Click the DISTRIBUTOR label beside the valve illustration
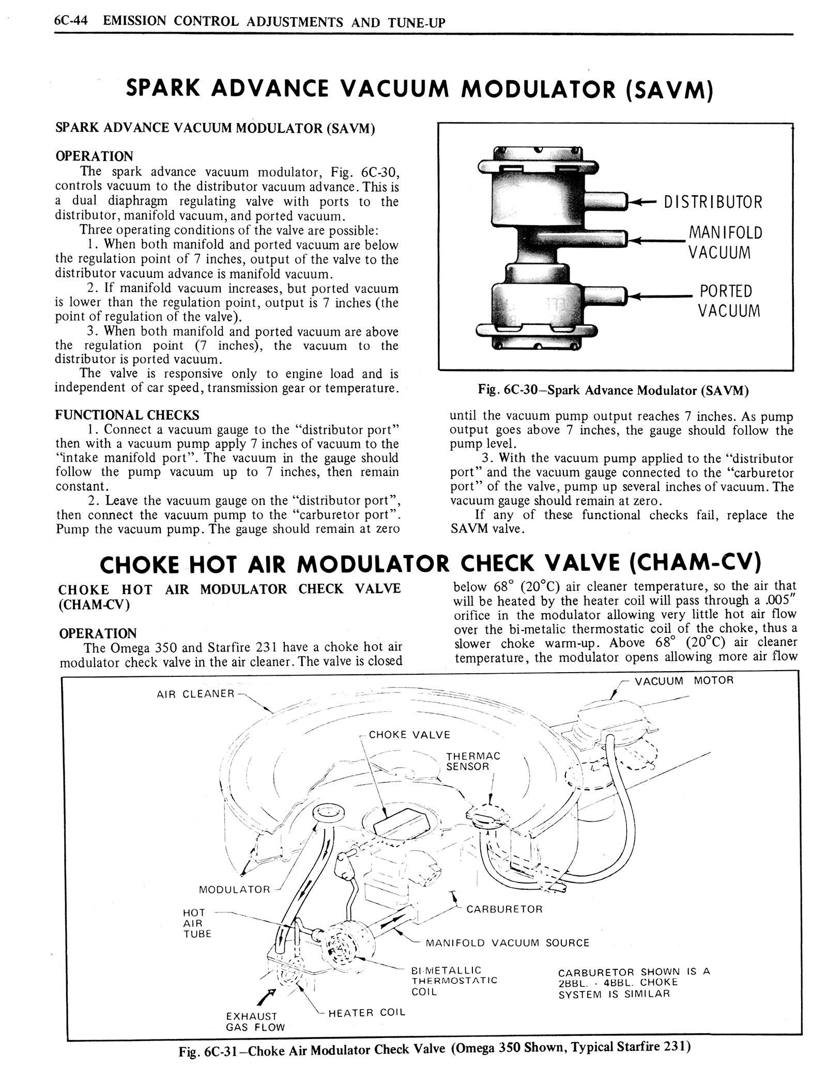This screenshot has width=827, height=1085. coord(713,202)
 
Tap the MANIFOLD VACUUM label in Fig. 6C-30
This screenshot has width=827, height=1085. coord(725,242)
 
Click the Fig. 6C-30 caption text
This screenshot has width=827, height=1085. coord(614,391)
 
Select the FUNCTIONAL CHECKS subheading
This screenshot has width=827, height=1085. coord(127,415)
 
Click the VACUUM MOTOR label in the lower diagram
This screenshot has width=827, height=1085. coord(684,680)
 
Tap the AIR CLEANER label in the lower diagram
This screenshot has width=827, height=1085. coord(195,693)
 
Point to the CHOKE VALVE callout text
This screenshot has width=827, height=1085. coord(409,735)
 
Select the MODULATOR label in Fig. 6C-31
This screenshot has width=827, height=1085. coord(235,889)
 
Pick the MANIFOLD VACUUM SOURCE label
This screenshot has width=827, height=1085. coord(507,942)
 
